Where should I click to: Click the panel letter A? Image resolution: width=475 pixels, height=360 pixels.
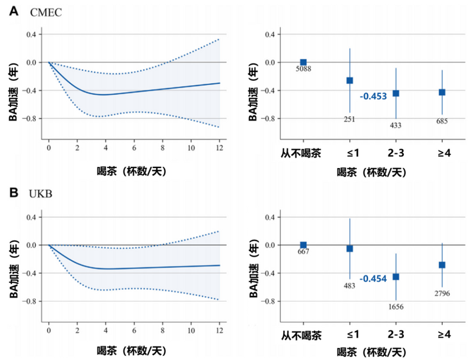click(x=14, y=11)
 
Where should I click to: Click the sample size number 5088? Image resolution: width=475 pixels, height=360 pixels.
click(x=303, y=70)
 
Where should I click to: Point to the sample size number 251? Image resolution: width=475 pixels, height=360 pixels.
click(x=349, y=119)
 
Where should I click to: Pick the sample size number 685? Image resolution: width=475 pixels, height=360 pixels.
click(x=441, y=122)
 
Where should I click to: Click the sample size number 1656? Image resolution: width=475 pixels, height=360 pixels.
click(x=395, y=307)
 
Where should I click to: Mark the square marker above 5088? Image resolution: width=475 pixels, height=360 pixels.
click(x=303, y=62)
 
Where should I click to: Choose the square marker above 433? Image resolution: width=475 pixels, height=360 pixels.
click(x=395, y=93)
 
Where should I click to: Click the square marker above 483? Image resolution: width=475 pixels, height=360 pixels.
click(x=349, y=249)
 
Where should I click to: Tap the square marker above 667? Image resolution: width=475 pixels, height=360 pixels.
click(x=303, y=245)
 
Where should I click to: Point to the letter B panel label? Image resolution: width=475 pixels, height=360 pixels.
click(x=14, y=194)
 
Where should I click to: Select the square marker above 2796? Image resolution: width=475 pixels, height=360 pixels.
click(x=441, y=265)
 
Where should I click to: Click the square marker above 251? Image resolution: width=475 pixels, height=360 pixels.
click(x=349, y=80)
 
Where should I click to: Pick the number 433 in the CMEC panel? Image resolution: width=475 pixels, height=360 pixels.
click(x=395, y=126)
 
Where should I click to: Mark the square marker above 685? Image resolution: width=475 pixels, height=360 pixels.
click(x=441, y=92)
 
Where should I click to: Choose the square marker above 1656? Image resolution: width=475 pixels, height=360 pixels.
click(x=395, y=277)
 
